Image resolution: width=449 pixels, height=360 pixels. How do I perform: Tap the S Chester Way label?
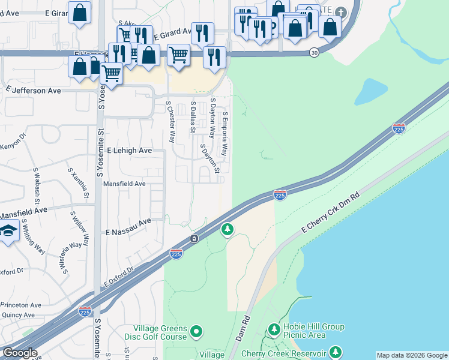[171, 122]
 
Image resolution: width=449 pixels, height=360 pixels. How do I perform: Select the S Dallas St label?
[193, 116]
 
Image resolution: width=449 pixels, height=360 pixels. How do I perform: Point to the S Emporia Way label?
[225, 134]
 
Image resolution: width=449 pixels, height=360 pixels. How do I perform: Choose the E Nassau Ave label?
[128, 226]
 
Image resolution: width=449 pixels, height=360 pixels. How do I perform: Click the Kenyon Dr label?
[13, 145]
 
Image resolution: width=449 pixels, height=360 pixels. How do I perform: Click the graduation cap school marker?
[8, 230]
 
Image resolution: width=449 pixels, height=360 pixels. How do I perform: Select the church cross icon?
[341, 12]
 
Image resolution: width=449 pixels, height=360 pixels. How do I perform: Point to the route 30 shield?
[315, 53]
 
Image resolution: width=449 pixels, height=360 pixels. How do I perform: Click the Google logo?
[20, 353]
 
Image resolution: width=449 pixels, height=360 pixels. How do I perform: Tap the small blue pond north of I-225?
[372, 92]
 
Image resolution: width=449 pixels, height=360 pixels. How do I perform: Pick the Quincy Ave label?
[18, 315]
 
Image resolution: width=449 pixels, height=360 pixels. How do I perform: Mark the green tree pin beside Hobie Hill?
[274, 329]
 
